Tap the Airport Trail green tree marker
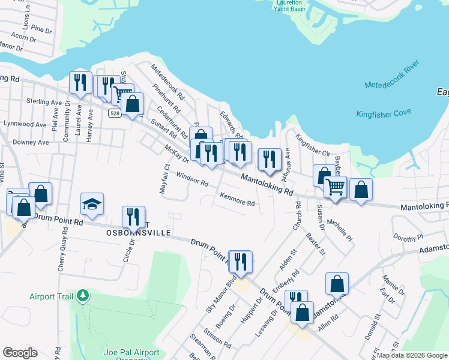coord(84,296)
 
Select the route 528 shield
coord(115,113)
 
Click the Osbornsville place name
coord(139,232)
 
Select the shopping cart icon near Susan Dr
coord(336,187)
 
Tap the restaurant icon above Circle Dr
coord(133,217)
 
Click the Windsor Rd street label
coord(192,178)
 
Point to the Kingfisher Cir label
coord(313,147)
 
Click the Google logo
coord(19,353)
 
